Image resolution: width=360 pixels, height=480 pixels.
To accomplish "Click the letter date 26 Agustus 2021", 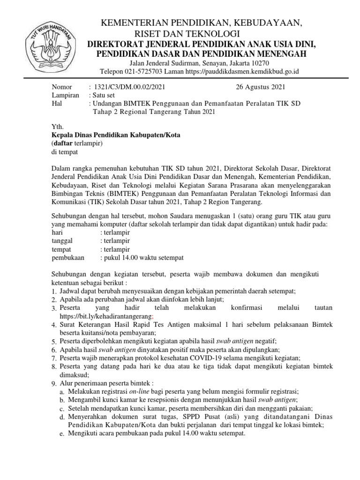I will coord(259,87).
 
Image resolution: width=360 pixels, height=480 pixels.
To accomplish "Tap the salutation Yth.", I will coord(56,127).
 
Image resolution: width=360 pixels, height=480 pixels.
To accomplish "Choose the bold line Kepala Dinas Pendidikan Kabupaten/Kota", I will coord(116,135).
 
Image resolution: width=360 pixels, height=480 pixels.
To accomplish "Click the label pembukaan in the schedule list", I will coord(68,258).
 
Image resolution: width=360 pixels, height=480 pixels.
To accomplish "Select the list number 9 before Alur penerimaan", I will coord(54,383).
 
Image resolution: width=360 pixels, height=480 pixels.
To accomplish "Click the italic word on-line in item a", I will coord(141,391).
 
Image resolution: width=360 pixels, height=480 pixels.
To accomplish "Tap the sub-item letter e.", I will coord(62,434).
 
